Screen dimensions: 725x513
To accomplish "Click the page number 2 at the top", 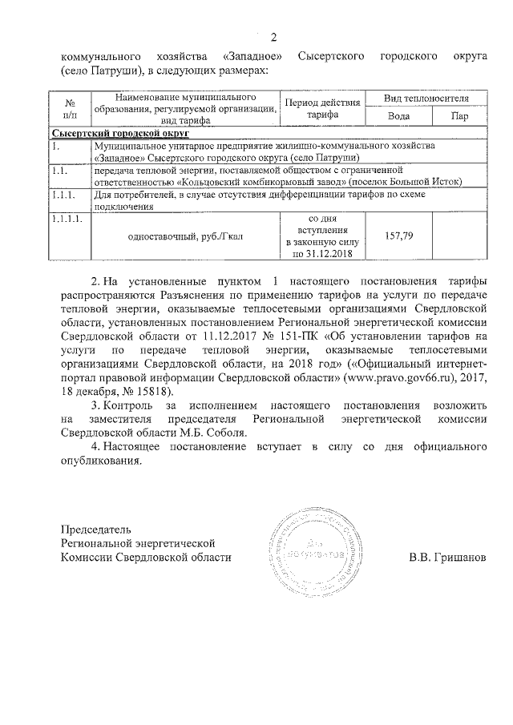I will (273, 38).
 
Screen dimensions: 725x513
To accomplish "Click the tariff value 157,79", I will (397, 237).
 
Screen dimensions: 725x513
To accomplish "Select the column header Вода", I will (398, 115).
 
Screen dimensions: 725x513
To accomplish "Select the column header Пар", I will (458, 115).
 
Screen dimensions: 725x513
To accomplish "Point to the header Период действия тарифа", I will (317, 107).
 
